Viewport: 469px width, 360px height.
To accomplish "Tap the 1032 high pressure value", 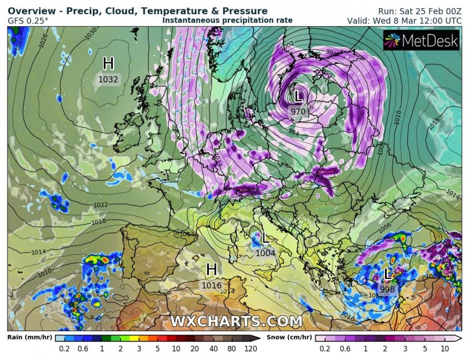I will [x=108, y=79].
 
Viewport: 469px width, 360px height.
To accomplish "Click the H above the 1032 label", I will [x=108, y=64].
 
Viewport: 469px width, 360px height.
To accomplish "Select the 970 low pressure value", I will [x=298, y=112].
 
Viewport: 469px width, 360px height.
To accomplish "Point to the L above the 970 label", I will [x=298, y=97].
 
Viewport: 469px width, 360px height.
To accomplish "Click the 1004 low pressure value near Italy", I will [x=266, y=253].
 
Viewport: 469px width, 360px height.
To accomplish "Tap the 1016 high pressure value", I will [x=212, y=285].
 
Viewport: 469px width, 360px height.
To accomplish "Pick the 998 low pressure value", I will [x=387, y=289].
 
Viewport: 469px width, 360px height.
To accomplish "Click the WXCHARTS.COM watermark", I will [x=236, y=321].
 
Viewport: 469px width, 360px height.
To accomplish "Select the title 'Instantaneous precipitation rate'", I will [x=227, y=20].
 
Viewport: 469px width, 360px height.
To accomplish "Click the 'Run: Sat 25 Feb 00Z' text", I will [x=419, y=11].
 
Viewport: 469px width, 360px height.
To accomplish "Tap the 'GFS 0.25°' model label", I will [x=28, y=21].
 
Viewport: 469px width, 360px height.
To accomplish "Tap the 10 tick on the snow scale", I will [x=445, y=349].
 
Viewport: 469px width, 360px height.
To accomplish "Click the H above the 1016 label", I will [x=212, y=269].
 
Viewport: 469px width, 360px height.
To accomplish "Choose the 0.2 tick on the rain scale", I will [x=64, y=349].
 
